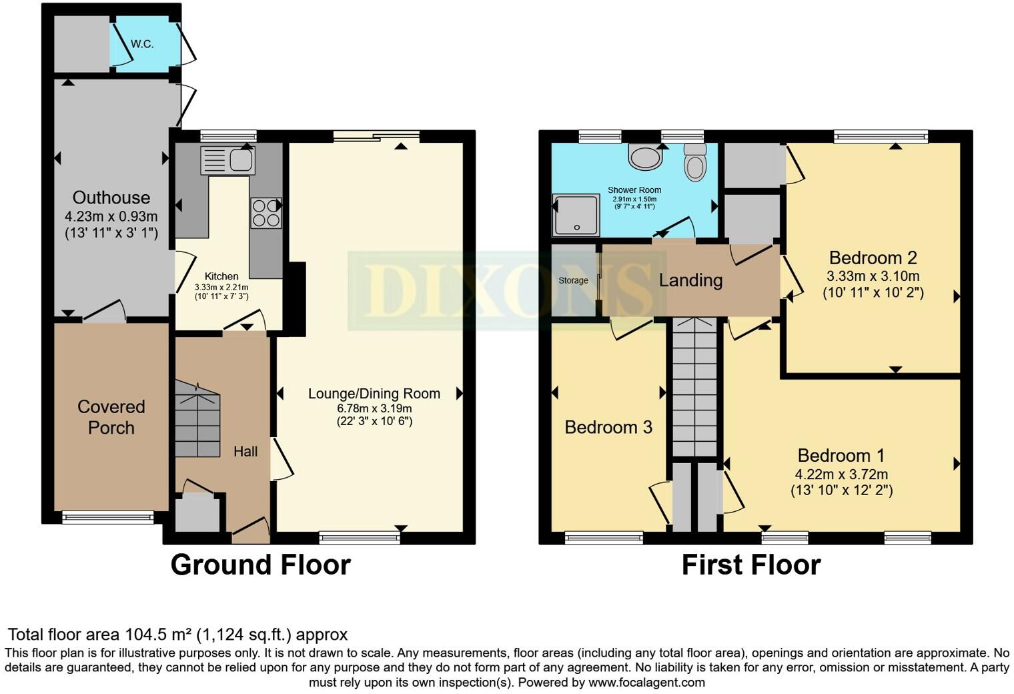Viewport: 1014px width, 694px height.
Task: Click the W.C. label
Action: [142, 44]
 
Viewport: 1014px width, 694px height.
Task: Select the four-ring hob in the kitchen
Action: [266, 213]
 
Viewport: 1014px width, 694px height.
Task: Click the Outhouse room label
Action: [111, 198]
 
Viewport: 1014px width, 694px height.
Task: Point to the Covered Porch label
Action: [111, 417]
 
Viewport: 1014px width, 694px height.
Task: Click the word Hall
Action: [245, 452]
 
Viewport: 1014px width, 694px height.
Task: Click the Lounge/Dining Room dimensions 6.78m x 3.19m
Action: [374, 408]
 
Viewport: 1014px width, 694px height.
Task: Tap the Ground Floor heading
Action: [260, 565]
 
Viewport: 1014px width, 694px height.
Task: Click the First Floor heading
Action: [750, 565]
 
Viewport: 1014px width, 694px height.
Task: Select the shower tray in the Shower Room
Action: [576, 215]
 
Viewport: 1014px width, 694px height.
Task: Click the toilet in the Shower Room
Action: [695, 163]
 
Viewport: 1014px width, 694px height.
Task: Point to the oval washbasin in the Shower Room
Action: [644, 157]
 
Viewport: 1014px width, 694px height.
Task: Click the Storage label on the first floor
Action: [573, 280]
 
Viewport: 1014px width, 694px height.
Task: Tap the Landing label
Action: [690, 280]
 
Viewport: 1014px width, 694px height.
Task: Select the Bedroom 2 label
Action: [873, 258]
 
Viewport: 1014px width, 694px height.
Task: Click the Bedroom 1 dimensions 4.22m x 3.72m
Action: [841, 474]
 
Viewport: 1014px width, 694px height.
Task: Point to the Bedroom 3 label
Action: [608, 427]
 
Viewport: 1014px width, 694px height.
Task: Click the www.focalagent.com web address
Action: [646, 683]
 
